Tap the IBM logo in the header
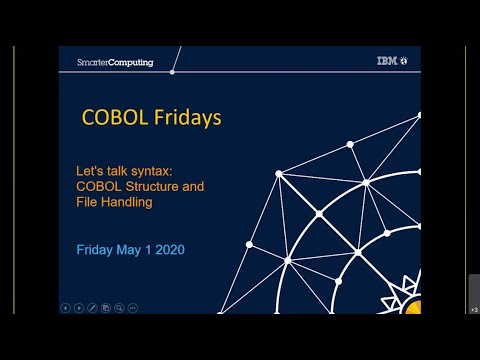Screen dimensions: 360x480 (386, 61)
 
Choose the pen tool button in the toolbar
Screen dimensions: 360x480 (92, 307)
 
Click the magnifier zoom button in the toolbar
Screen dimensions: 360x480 (119, 307)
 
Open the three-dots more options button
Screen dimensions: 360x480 (133, 307)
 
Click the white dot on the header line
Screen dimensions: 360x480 (172, 71)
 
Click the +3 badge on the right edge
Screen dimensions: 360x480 (473, 309)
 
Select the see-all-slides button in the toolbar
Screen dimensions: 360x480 (106, 307)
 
